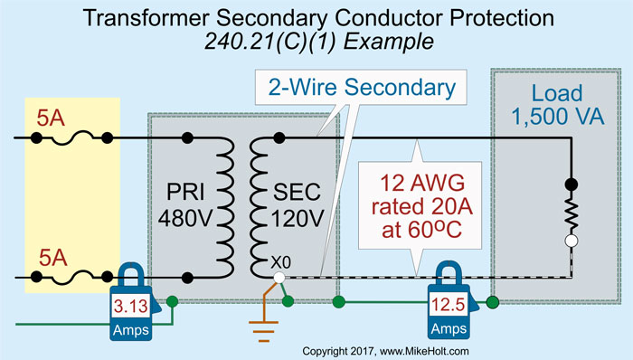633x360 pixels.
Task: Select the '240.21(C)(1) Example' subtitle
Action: tap(316, 43)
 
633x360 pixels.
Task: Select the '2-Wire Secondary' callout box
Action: tap(360, 90)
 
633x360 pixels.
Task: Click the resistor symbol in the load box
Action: tap(572, 213)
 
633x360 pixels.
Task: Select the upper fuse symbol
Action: tap(72, 137)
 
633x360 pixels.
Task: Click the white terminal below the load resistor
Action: tap(572, 242)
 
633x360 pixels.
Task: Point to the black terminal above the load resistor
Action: tap(572, 184)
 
